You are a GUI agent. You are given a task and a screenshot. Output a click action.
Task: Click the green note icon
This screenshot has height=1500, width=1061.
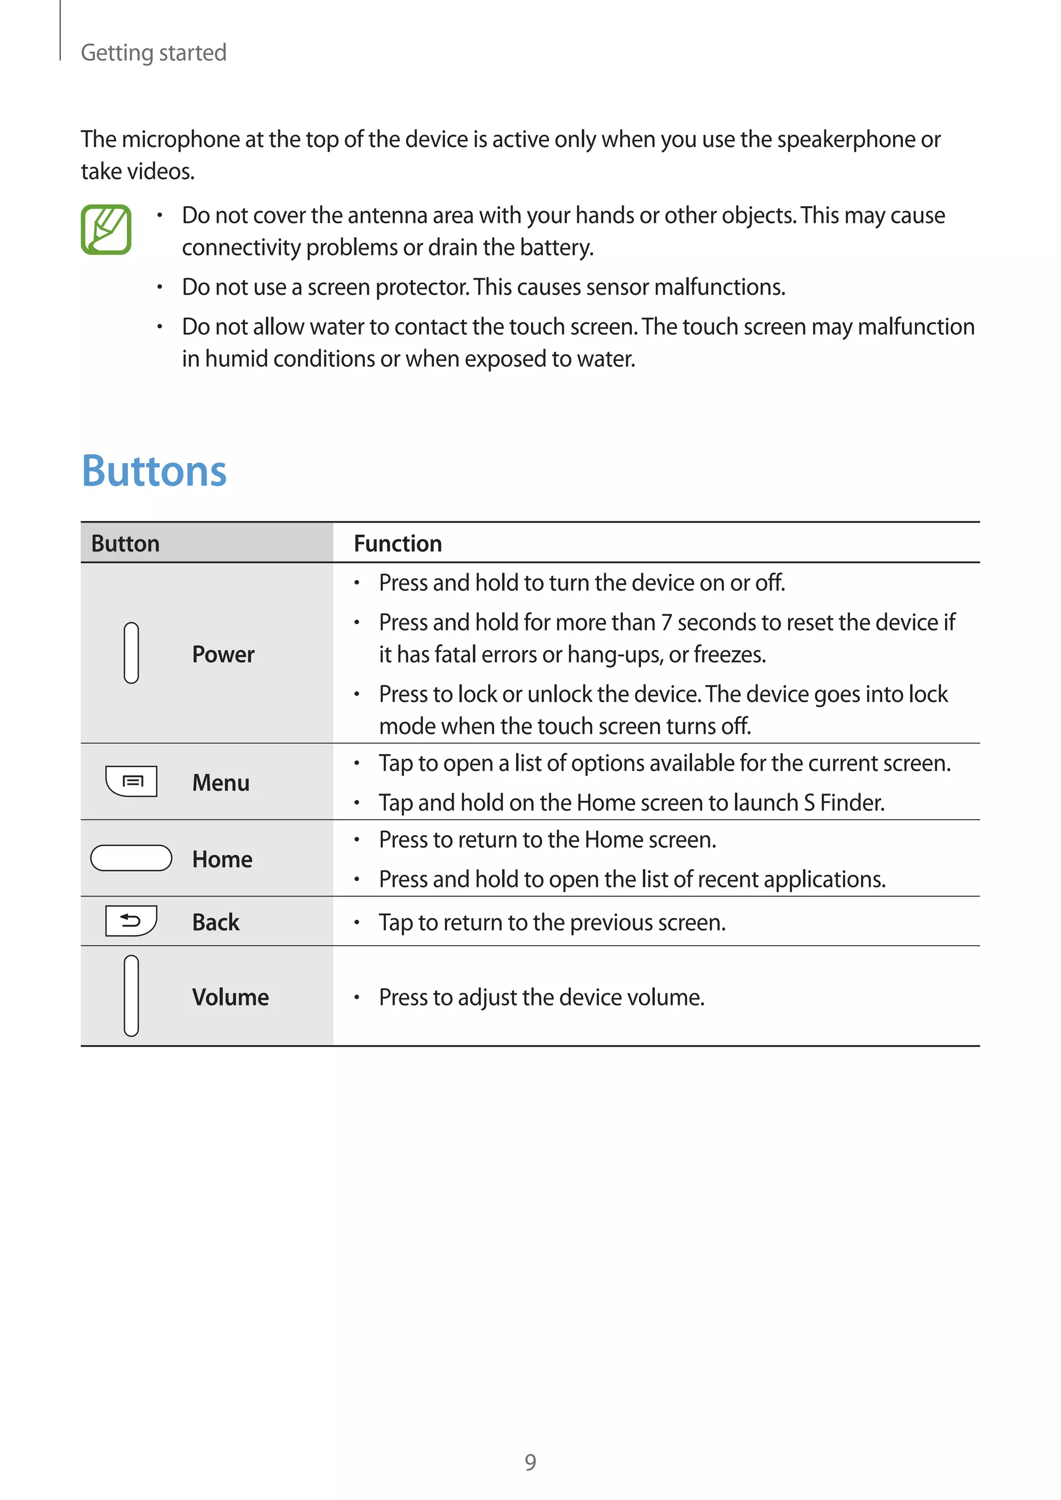[x=106, y=229]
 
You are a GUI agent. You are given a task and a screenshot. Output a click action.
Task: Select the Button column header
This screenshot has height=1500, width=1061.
[x=125, y=543]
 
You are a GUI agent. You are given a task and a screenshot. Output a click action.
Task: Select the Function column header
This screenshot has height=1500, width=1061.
[x=398, y=543]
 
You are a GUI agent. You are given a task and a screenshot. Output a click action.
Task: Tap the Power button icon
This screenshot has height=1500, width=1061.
[x=131, y=653]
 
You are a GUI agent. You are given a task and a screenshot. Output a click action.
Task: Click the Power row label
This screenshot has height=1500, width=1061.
[x=223, y=654]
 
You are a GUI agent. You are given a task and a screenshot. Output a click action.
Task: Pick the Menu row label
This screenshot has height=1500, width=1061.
[x=221, y=783]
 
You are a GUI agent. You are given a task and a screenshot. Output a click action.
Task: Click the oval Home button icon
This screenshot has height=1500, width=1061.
[x=131, y=858]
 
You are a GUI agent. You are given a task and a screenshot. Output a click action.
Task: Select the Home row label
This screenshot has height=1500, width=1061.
[x=222, y=859]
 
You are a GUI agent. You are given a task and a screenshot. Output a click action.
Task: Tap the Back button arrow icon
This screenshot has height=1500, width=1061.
[x=131, y=921]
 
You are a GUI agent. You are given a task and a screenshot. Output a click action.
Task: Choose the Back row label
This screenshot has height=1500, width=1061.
[x=216, y=922]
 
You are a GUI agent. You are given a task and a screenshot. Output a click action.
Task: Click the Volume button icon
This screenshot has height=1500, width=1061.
[x=131, y=996]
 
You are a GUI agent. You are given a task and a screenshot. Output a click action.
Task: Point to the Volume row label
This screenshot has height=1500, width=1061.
[x=230, y=997]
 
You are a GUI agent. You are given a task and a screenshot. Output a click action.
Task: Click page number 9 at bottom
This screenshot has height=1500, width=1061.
[x=530, y=1462]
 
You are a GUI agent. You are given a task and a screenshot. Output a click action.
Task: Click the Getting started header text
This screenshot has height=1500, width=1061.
[x=153, y=52]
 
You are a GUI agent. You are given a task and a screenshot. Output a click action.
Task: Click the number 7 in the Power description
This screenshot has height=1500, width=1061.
[x=666, y=623]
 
